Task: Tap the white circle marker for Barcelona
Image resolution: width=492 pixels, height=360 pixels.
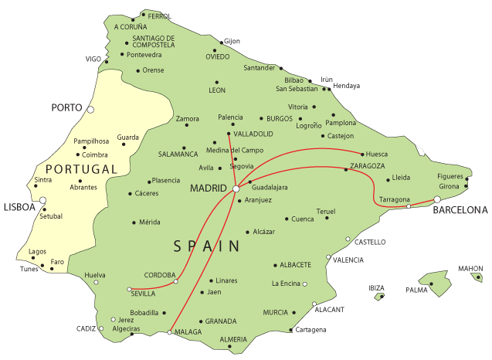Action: point(437,199)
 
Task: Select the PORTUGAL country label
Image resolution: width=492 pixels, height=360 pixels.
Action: point(81,169)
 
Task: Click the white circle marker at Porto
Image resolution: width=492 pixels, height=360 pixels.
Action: point(90,110)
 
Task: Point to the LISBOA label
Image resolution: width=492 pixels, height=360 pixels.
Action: point(19,207)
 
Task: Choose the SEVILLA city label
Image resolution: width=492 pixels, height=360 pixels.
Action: point(144,294)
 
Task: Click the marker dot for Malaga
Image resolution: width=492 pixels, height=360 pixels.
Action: point(170,332)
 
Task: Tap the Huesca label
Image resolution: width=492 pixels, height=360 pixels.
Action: point(377,155)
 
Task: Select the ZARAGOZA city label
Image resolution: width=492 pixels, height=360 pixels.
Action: point(367,166)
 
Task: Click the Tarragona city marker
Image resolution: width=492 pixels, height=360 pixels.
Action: point(409,206)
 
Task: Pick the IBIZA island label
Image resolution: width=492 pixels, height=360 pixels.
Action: point(377,288)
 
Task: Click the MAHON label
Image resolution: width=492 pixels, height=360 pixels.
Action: point(470,269)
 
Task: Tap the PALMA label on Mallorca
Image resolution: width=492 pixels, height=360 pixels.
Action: point(416,290)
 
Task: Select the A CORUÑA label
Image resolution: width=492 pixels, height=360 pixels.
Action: point(130,26)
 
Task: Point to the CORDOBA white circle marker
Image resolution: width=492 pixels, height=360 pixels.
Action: point(176,281)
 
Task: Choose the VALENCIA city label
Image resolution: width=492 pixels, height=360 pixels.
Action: point(348,260)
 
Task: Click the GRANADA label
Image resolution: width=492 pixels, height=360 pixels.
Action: point(220,321)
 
